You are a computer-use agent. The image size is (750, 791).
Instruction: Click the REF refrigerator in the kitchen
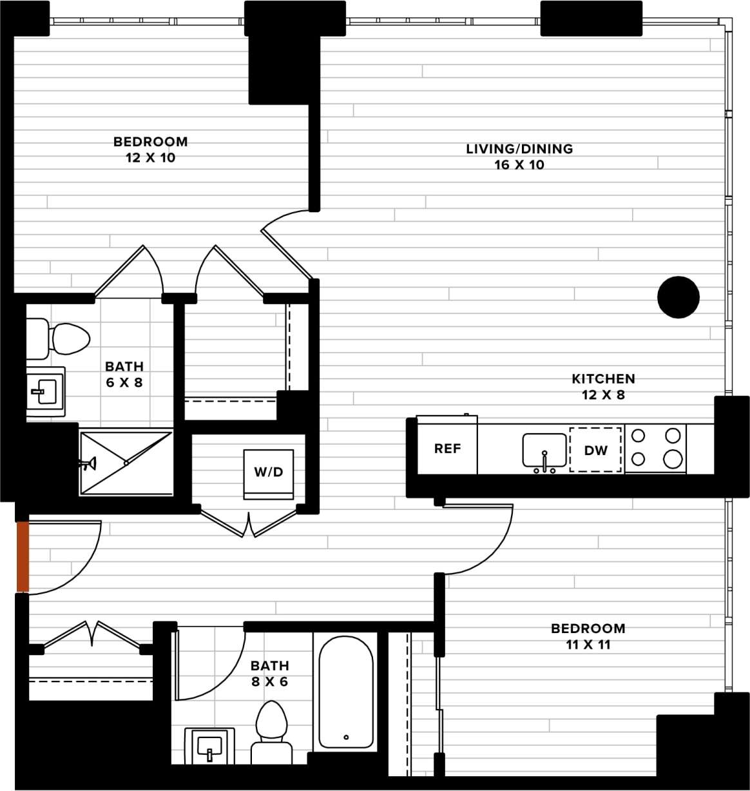447,449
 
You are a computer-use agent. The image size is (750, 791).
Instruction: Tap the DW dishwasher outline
595,450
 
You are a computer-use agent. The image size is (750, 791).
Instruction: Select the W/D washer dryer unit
269,473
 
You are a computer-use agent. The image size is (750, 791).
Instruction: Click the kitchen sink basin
544,449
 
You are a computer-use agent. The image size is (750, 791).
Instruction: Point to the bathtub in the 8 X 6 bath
346,692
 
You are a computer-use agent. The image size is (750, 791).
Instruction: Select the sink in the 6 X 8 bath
45,391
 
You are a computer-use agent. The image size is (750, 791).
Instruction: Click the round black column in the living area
678,297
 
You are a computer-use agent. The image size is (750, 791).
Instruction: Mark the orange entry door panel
23,556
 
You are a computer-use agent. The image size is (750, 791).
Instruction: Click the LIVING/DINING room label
519,149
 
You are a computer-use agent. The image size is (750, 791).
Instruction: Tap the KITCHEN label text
603,379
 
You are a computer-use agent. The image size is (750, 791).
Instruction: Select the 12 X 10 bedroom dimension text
151,158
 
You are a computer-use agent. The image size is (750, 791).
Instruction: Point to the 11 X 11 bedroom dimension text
588,645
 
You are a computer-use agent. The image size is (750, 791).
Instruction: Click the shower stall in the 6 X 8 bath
126,463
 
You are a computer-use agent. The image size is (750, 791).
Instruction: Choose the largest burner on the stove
673,458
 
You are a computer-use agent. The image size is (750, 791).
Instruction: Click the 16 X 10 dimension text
519,165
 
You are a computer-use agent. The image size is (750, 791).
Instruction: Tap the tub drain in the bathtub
346,737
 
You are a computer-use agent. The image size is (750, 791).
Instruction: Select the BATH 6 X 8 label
124,375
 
